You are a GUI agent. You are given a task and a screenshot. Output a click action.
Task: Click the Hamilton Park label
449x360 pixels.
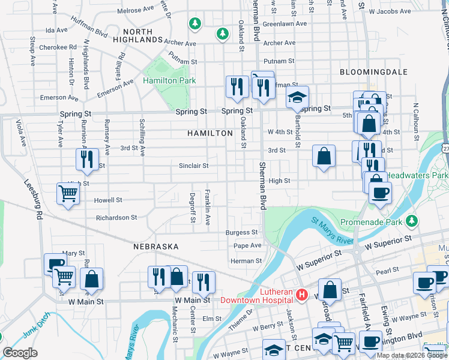click(x=169, y=80)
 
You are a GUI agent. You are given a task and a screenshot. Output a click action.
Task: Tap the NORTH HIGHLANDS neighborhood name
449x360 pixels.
click(x=143, y=35)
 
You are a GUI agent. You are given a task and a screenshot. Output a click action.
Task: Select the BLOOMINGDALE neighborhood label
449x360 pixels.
click(x=373, y=72)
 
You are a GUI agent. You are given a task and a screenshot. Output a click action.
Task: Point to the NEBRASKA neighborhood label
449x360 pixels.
click(x=156, y=247)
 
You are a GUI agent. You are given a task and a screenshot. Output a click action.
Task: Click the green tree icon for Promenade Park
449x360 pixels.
click(x=412, y=221)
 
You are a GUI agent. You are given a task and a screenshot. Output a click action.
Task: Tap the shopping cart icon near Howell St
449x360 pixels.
click(x=68, y=193)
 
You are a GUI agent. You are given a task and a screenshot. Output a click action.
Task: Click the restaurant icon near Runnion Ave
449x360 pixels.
click(x=87, y=159)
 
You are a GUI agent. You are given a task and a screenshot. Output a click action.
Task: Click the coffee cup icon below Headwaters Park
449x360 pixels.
click(x=379, y=193)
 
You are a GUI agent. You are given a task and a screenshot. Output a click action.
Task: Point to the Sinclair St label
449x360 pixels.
click(x=193, y=166)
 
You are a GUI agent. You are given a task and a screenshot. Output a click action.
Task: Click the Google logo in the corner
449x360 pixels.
click(x=20, y=353)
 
